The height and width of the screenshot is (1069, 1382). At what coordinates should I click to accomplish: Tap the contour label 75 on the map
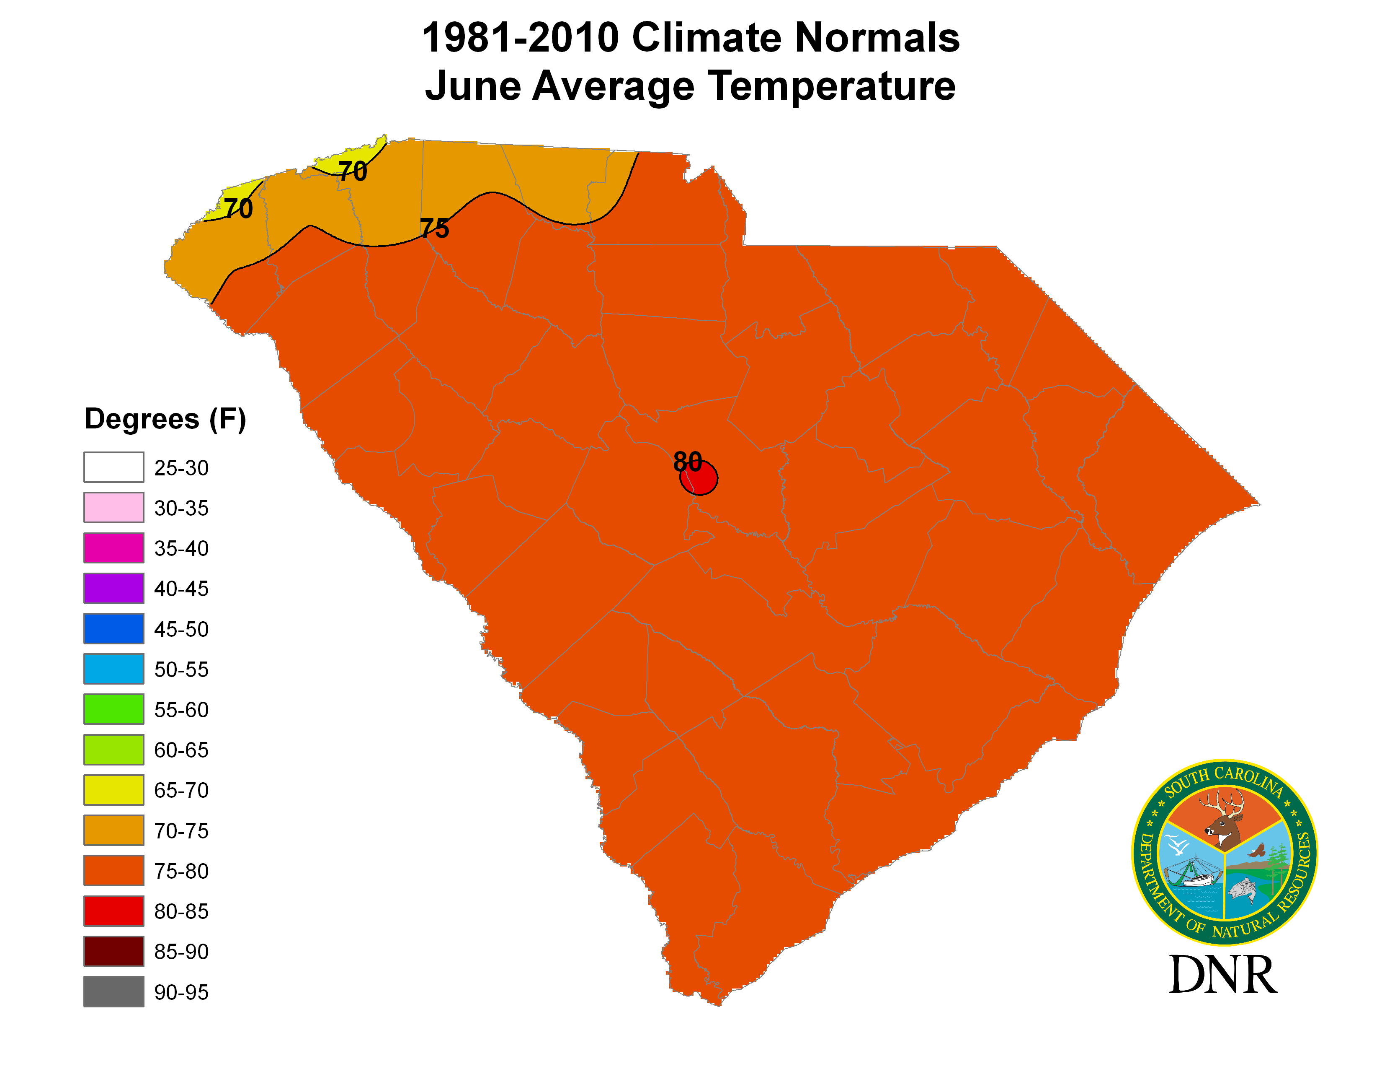[435, 228]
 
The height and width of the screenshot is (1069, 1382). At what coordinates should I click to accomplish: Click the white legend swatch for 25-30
[114, 467]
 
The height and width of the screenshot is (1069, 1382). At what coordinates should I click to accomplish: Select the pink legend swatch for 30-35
[114, 507]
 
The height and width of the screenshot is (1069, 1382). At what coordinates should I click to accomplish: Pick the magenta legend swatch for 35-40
[114, 548]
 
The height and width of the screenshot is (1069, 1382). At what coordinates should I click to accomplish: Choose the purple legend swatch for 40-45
[114, 588]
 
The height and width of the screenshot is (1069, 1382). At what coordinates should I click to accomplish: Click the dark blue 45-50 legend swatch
[114, 629]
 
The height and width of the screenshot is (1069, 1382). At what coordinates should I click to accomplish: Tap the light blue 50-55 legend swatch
[114, 669]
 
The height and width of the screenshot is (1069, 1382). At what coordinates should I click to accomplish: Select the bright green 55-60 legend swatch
[114, 709]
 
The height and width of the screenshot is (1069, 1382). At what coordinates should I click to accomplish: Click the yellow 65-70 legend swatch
[114, 790]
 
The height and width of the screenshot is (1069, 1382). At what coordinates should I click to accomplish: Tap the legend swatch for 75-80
[114, 871]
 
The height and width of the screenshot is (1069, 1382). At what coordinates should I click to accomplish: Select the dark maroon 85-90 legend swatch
[114, 951]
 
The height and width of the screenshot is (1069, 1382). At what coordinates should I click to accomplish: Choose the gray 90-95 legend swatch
[114, 992]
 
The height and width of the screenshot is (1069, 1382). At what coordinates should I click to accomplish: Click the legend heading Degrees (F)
[165, 419]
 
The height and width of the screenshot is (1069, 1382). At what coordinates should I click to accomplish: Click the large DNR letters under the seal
[1222, 975]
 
